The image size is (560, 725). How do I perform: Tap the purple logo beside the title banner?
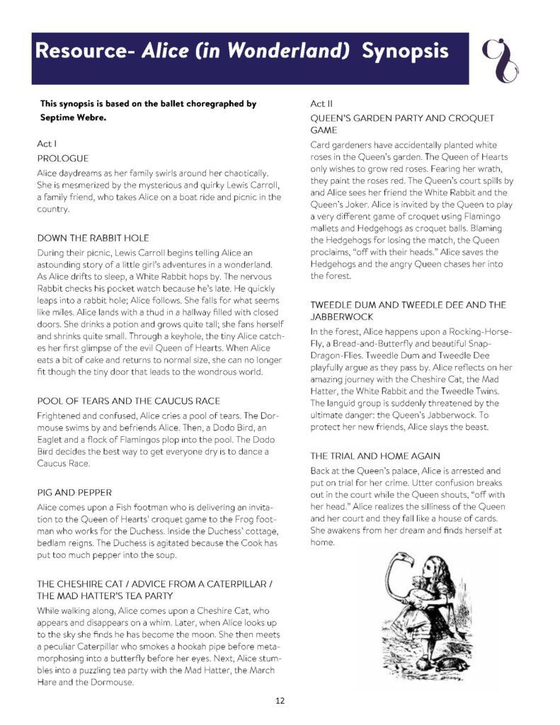(499, 59)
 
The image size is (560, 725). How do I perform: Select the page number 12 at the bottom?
(280, 701)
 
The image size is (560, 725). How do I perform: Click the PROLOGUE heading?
(63, 158)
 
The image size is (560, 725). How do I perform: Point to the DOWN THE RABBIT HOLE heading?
(93, 237)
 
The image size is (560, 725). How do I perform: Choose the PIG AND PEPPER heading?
(74, 492)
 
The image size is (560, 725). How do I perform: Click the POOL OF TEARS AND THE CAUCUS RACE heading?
(128, 401)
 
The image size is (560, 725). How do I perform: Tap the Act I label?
(47, 143)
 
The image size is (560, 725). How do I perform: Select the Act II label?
(323, 103)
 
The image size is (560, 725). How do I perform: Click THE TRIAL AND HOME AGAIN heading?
(375, 456)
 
